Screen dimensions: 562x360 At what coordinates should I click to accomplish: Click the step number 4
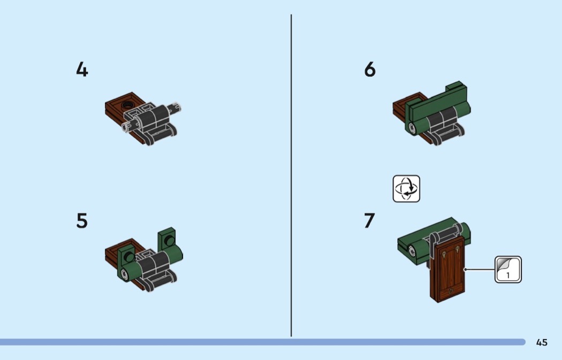82,69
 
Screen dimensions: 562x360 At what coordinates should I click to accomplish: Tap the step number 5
82,221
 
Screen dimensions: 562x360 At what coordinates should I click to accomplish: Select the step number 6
370,69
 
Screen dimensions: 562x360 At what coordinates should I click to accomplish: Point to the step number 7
369,221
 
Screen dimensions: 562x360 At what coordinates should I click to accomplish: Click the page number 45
542,342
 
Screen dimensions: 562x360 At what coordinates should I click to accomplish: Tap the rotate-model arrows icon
406,189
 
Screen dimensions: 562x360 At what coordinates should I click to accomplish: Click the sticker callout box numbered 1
508,270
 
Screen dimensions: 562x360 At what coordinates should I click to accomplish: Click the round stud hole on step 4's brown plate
127,105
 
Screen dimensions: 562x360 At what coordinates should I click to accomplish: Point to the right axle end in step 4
176,108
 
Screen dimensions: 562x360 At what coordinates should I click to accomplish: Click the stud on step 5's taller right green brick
170,240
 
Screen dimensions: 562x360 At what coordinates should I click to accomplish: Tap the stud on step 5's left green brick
128,256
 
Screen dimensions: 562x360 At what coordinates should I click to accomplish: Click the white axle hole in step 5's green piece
124,275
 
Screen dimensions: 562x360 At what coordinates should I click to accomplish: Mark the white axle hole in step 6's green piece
412,127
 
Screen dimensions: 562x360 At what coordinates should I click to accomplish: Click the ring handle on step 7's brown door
451,290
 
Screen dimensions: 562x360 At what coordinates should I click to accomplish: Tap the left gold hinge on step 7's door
444,255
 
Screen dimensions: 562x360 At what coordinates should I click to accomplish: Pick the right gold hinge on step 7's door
458,250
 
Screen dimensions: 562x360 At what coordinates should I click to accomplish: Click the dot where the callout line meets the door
465,270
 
